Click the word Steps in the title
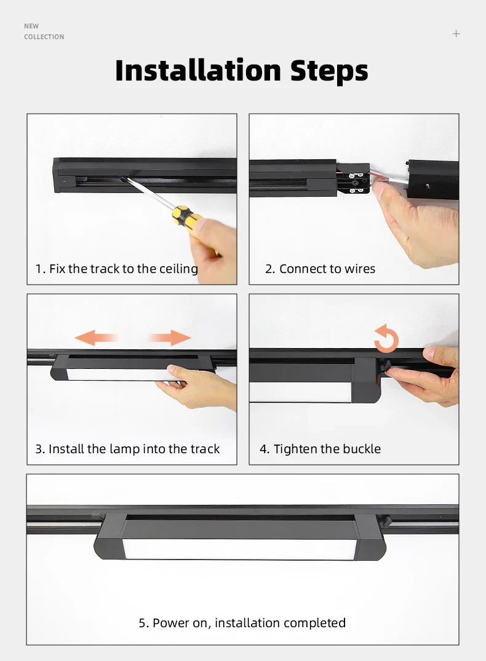click(x=329, y=71)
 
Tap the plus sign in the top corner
click(x=456, y=34)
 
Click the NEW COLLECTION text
click(x=44, y=31)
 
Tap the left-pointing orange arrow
click(x=95, y=337)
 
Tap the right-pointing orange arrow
click(x=170, y=337)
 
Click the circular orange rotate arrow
click(x=386, y=339)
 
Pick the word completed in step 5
click(x=314, y=623)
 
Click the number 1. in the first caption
click(x=41, y=269)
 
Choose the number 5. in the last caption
click(x=144, y=623)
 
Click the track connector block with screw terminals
click(x=354, y=178)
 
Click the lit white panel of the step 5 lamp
click(x=240, y=549)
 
